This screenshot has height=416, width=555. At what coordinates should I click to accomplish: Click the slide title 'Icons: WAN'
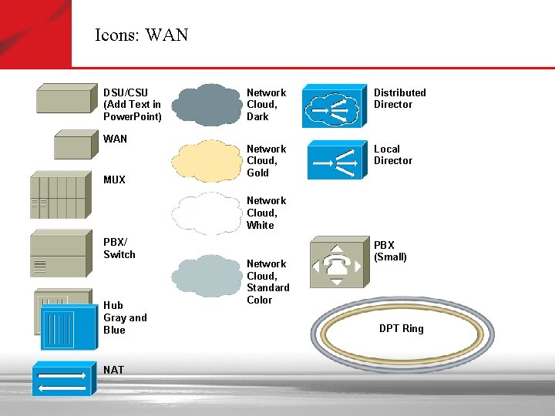(141, 35)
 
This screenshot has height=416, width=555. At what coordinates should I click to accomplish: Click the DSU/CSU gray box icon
(66, 99)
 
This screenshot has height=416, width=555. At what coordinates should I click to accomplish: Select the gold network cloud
(203, 160)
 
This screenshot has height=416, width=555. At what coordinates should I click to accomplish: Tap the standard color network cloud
(203, 275)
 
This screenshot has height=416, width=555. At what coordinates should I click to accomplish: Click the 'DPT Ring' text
(401, 329)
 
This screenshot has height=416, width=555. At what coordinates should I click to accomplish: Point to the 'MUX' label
(114, 179)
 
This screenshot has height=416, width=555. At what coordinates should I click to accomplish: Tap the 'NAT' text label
(113, 370)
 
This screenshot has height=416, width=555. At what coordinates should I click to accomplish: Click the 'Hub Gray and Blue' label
(125, 317)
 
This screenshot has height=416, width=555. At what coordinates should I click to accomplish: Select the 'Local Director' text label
(393, 155)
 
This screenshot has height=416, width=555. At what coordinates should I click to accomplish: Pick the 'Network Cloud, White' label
(266, 213)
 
